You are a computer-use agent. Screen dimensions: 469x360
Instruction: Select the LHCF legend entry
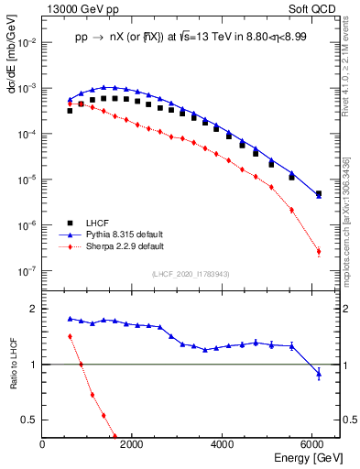tap(97, 223)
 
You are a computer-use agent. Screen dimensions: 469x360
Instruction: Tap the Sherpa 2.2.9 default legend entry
tap(124, 246)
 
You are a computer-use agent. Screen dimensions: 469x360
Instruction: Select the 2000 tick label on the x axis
tap(132, 444)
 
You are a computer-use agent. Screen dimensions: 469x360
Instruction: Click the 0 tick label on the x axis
tap(42, 444)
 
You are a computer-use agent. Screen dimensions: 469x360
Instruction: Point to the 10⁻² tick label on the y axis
tap(27, 42)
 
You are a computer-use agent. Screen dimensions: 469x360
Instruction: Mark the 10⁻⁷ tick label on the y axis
tap(27, 271)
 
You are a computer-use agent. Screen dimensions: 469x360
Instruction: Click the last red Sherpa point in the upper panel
tap(319, 252)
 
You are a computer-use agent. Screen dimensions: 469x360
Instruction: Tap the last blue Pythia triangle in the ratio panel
tap(319, 373)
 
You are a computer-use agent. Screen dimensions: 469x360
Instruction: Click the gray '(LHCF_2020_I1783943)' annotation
tap(190, 274)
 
